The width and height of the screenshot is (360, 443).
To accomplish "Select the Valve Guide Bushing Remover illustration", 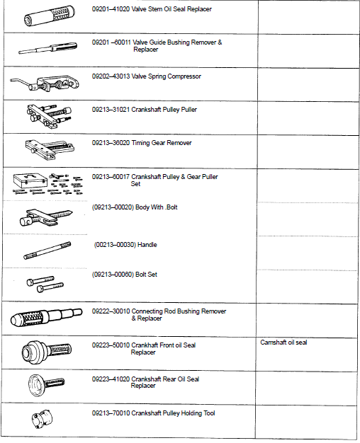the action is (x=47, y=49).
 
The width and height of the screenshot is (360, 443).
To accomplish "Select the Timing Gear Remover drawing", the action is (x=48, y=149).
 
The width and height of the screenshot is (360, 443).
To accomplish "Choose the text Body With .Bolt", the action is (x=156, y=207).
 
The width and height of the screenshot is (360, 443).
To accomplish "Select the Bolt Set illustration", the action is (x=44, y=284).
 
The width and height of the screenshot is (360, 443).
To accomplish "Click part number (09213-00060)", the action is (x=113, y=275).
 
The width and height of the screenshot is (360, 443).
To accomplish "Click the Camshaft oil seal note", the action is (x=283, y=343).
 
